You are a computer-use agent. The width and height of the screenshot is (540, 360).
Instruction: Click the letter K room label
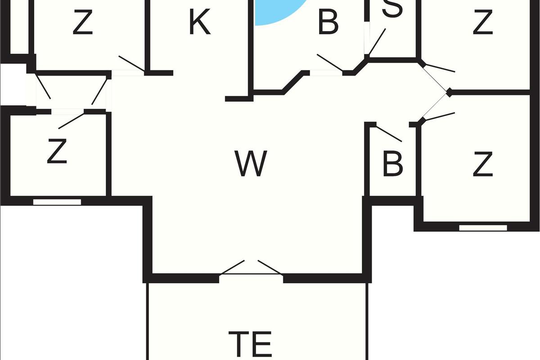pyautogui.click(x=200, y=22)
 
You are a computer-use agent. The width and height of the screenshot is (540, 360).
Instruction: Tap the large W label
pyautogui.click(x=251, y=163)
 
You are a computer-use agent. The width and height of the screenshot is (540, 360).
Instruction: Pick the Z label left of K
pyautogui.click(x=83, y=22)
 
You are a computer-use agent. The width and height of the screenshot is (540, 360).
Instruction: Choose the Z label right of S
pyautogui.click(x=482, y=22)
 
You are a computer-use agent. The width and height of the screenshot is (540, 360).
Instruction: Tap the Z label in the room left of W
pyautogui.click(x=57, y=151)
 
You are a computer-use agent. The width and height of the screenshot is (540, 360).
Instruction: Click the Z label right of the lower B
pyautogui.click(x=482, y=164)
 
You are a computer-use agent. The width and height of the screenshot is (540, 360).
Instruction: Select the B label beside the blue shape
pyautogui.click(x=328, y=22)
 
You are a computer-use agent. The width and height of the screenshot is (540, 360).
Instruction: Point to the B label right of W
pyautogui.click(x=393, y=163)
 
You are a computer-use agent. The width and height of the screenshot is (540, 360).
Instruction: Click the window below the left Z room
pyautogui.click(x=57, y=202)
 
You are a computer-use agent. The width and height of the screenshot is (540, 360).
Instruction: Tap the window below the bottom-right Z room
pyautogui.click(x=483, y=228)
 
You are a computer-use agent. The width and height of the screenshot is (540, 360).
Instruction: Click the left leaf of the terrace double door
pyautogui.click(x=232, y=267)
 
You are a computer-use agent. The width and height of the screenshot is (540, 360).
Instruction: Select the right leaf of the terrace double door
pyautogui.click(x=270, y=267)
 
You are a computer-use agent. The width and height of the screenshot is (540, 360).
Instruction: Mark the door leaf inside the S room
pyautogui.click(x=377, y=42)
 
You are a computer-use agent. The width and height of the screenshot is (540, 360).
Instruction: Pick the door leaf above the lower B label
pyautogui.click(x=389, y=134)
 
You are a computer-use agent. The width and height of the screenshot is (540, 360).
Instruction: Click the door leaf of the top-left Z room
pyautogui.click(x=131, y=63)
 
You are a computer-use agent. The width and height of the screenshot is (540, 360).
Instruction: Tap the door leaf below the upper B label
pyautogui.click(x=330, y=63)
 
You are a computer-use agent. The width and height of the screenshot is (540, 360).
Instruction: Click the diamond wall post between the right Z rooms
pyautogui.click(x=449, y=92)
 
